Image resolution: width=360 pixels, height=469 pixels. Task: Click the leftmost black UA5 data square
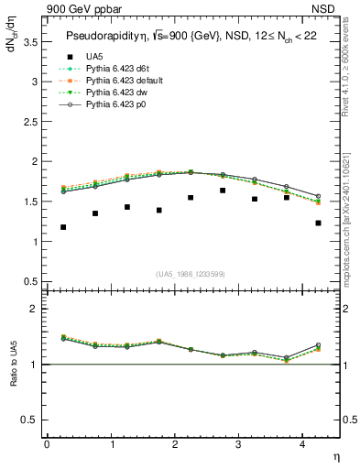coord(63,227)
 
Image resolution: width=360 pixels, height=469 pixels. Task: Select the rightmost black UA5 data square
coord(318,223)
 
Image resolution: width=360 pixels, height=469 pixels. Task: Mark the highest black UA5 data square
coord(223,191)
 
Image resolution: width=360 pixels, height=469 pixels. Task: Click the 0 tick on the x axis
coord(47,444)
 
